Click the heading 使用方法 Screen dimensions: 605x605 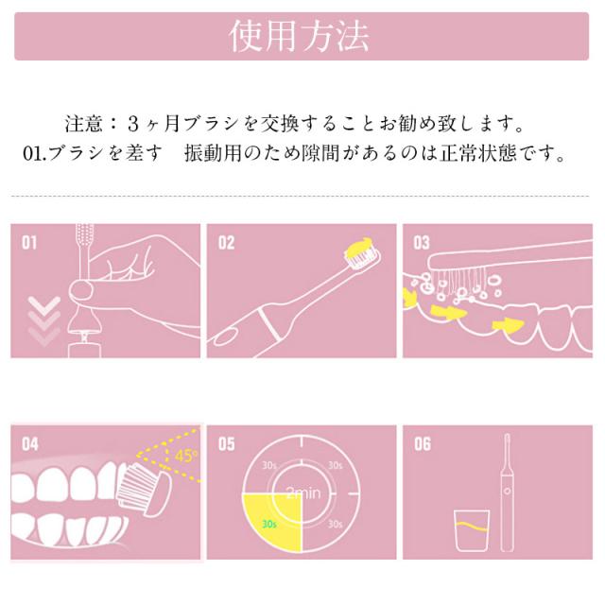click(299, 36)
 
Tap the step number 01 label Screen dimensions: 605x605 click(29, 243)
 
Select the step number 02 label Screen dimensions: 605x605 click(226, 243)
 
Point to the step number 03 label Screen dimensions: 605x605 click(422, 243)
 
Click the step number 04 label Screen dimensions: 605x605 click(30, 444)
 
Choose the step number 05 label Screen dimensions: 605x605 click(227, 444)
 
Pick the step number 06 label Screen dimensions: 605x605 click(423, 444)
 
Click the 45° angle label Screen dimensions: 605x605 click(185, 456)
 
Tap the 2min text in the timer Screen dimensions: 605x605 click(303, 493)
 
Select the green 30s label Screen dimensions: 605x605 click(268, 524)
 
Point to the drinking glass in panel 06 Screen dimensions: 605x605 click(472, 530)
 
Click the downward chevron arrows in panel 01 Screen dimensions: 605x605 click(44, 321)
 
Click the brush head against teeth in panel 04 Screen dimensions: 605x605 click(143, 490)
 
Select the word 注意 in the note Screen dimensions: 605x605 click(84, 124)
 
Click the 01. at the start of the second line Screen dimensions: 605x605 click(35, 153)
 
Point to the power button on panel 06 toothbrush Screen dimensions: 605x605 click(507, 492)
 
